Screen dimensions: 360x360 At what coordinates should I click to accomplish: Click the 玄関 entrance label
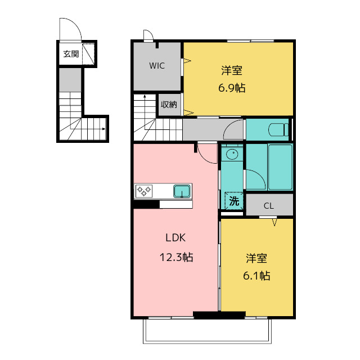coord(70,54)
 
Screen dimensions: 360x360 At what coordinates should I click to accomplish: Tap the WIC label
coord(157,66)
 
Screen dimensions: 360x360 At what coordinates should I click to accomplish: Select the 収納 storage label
coord(169,104)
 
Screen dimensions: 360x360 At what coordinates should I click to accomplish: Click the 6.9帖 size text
coord(232,88)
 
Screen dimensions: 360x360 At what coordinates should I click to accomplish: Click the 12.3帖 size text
coord(175,257)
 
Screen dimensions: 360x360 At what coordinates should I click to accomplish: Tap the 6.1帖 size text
coord(256,276)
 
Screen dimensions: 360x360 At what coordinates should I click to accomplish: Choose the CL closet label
coord(269,206)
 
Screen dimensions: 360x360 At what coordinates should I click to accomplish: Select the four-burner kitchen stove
coord(144,191)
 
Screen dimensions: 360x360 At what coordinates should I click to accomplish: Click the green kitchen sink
coord(182,191)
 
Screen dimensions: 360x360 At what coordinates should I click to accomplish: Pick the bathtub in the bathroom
coord(280,168)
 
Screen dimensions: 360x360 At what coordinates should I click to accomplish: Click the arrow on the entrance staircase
coord(103,130)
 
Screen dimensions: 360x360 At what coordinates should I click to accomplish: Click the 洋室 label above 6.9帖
coord(232,71)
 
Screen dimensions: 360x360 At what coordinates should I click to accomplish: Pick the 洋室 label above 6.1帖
coord(256,259)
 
